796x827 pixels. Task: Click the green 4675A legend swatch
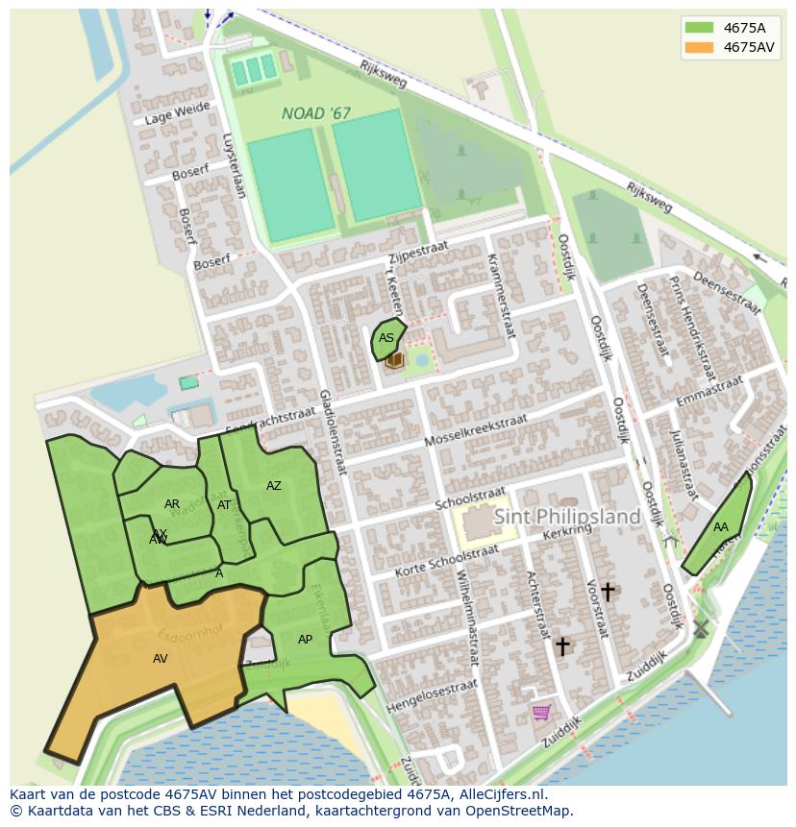coord(699,28)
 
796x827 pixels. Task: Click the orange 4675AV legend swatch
coord(699,47)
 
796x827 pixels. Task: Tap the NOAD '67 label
coord(315,113)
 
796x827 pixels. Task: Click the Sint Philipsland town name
coord(567,517)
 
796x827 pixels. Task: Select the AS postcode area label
coord(386,338)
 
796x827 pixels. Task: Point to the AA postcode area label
coord(720,527)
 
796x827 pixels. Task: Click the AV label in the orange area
coord(161,659)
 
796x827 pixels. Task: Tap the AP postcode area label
coord(305,640)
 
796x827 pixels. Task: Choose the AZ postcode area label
coord(274,486)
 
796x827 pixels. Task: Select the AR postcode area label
coord(172,504)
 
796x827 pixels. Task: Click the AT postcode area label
coord(224,505)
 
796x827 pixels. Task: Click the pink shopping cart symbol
coord(541,712)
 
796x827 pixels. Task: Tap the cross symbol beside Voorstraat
coord(607,591)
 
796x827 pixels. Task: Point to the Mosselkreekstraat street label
coord(476,431)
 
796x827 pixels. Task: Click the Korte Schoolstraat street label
coord(447,563)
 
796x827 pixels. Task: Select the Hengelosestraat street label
coord(432,696)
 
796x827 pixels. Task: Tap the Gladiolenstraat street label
coord(333,432)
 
